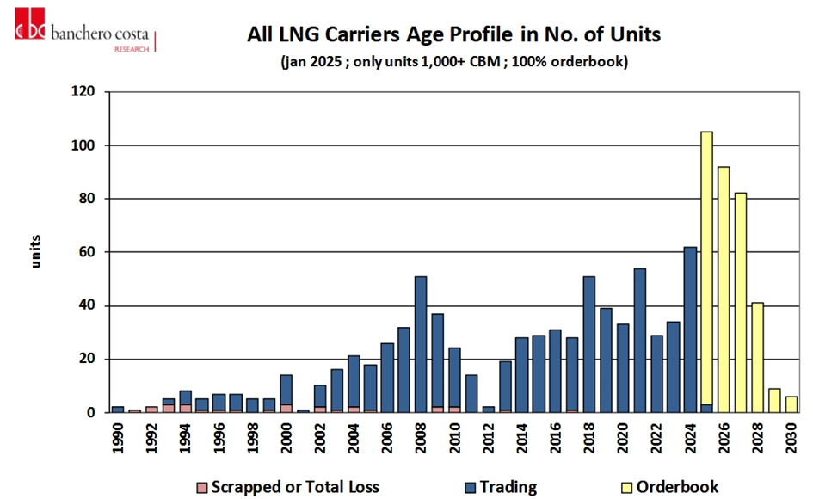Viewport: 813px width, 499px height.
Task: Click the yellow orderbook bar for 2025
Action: point(706,267)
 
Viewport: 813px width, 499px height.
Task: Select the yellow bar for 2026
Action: point(724,289)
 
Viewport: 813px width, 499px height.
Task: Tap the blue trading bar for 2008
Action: point(421,344)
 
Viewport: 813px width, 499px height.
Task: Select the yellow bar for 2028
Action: point(757,357)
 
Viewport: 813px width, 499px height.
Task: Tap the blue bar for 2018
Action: point(589,344)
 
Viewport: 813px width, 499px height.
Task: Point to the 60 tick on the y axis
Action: point(87,252)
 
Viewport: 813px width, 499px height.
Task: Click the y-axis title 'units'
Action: point(36,250)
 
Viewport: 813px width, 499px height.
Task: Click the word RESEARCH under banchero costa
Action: point(132,50)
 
